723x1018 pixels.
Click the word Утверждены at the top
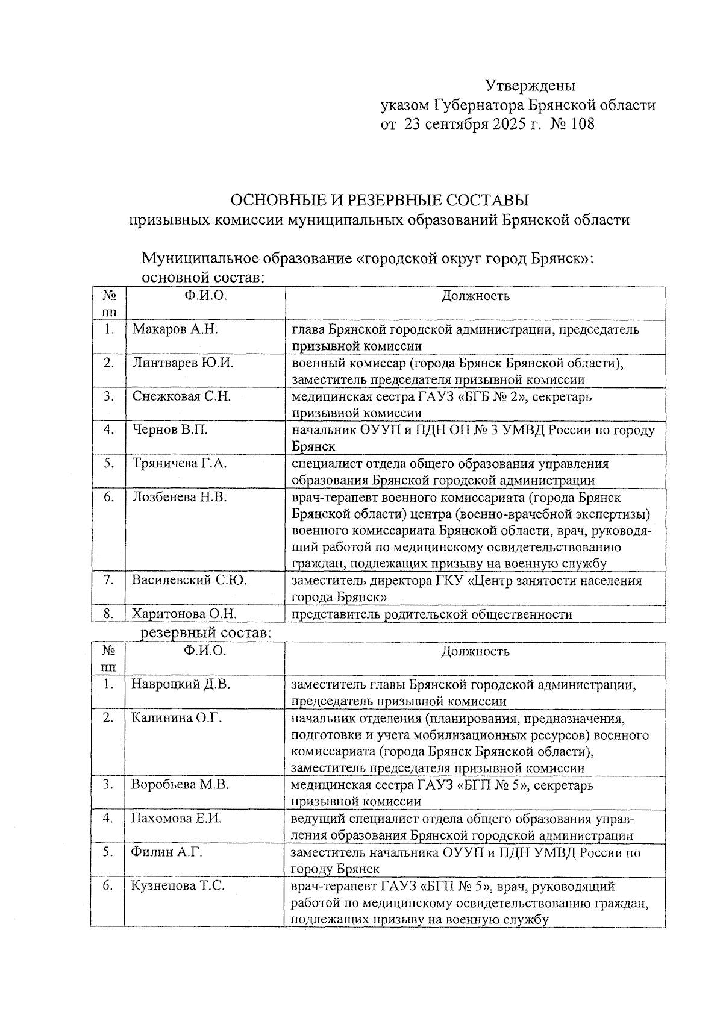point(530,86)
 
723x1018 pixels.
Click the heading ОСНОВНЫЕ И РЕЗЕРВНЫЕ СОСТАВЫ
point(380,199)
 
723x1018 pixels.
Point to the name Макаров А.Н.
point(175,329)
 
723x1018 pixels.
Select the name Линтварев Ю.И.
point(183,363)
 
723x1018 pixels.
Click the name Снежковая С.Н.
point(182,396)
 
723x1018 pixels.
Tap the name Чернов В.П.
point(171,430)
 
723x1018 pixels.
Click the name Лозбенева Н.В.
point(180,498)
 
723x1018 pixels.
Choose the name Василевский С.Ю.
point(190,581)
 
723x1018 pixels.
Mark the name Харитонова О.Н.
point(184,614)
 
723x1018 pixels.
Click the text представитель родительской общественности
point(431,614)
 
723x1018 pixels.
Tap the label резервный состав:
point(205,633)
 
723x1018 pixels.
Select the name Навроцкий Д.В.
point(181,685)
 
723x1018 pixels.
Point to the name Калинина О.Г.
point(177,718)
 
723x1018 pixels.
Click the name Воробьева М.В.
point(180,785)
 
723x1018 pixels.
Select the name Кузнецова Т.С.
point(178,886)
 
